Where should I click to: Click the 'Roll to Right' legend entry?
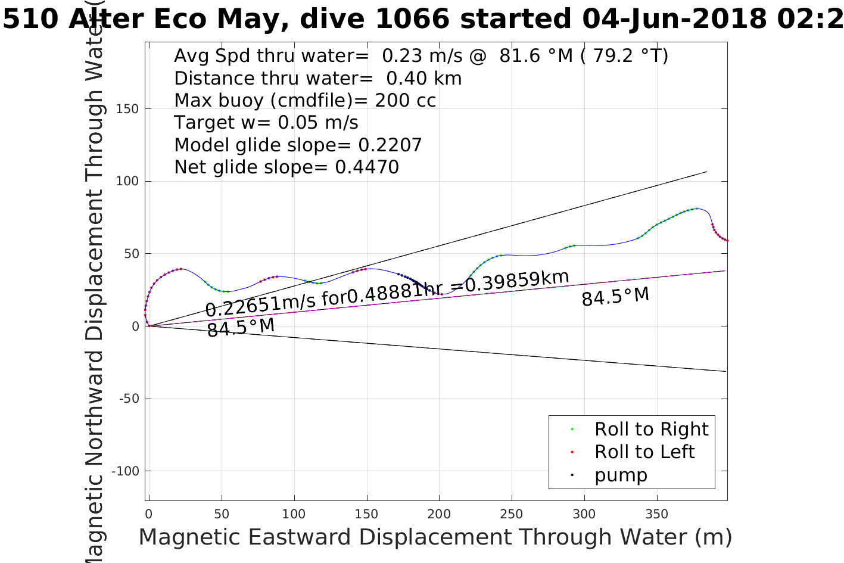click(651, 429)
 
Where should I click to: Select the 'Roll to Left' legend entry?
click(644, 452)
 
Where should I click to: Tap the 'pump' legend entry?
click(621, 475)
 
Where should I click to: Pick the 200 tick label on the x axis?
click(439, 514)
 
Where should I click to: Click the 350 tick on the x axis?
click(657, 514)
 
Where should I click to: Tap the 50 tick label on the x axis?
click(222, 514)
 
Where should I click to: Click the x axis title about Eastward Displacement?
click(435, 537)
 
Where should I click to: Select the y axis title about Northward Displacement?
click(95, 298)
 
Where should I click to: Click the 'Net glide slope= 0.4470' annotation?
click(286, 167)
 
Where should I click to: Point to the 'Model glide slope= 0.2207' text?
click(298, 145)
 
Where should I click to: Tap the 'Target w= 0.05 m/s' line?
click(266, 123)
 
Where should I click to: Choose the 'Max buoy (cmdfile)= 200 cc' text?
click(305, 101)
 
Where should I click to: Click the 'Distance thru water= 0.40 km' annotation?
click(317, 79)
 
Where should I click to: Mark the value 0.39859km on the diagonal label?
click(517, 281)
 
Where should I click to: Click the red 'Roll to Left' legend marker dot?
click(572, 452)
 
